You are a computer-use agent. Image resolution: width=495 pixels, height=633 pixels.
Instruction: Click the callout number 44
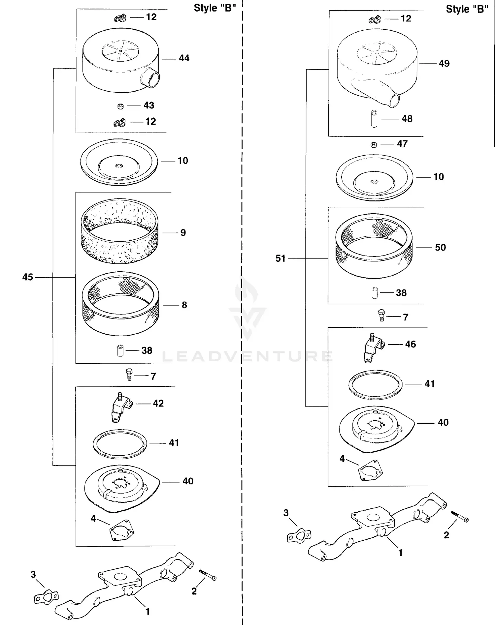tap(184, 58)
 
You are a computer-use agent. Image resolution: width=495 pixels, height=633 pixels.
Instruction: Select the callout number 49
tap(444, 64)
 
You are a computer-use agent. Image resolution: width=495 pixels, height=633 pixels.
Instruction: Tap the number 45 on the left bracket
tap(28, 277)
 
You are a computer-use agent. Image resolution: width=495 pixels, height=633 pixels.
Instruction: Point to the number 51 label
tap(280, 258)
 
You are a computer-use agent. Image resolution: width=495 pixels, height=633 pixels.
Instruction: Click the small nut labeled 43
tap(120, 106)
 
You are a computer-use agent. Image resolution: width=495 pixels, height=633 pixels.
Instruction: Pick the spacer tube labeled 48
tap(374, 119)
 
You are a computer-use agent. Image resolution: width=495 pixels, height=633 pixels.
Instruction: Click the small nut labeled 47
tap(374, 144)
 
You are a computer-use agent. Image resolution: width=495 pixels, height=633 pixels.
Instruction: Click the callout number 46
tap(410, 344)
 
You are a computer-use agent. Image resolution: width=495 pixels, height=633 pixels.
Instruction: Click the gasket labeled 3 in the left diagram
tap(46, 597)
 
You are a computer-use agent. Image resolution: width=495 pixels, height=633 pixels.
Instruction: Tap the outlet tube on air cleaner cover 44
tap(151, 78)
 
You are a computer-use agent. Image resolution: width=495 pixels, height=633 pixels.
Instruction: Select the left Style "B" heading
tap(214, 8)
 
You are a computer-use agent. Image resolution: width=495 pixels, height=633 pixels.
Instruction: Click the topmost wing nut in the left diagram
tap(120, 18)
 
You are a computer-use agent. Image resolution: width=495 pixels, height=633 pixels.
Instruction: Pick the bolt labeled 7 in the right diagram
tap(381, 315)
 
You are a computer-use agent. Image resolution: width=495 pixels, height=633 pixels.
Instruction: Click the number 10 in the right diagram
tap(438, 177)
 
